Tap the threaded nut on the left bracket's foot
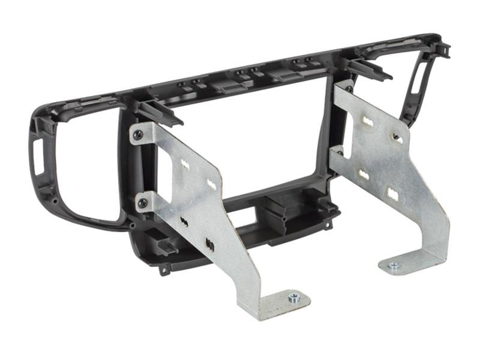click(293, 298)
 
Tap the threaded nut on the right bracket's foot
click(394, 265)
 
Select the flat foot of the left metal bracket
click(282, 303)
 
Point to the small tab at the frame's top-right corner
click(443, 48)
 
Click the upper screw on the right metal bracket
click(349, 89)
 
